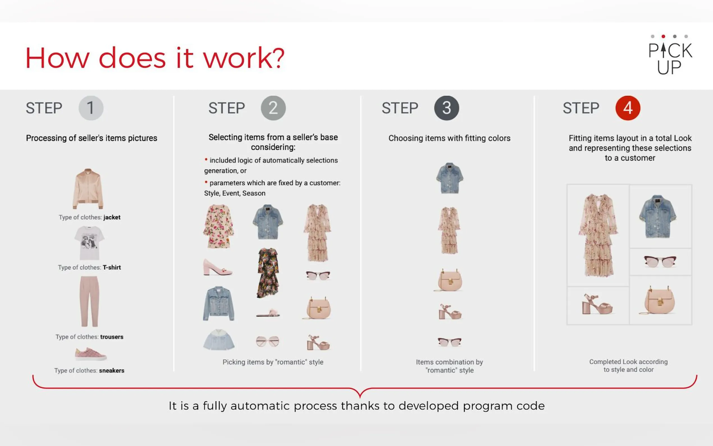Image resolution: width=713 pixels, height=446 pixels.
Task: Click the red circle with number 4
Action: click(628, 108)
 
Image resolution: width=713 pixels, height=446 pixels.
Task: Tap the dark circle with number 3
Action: click(447, 108)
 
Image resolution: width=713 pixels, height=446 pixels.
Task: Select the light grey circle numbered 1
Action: click(91, 108)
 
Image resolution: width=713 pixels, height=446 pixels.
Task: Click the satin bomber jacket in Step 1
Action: click(88, 189)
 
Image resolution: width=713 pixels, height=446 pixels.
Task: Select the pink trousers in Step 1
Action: click(89, 301)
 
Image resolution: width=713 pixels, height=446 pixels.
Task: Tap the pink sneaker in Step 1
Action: click(90, 354)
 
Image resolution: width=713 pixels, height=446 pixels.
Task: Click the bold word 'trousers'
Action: click(112, 337)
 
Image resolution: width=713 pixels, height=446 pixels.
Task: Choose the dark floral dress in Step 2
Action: click(268, 273)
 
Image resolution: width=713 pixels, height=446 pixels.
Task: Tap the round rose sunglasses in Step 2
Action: click(267, 341)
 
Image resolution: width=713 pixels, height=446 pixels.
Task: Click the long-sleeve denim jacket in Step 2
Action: click(218, 303)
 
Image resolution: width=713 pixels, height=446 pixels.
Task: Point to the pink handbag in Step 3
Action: click(449, 280)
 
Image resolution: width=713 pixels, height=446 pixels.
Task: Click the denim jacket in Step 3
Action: click(450, 178)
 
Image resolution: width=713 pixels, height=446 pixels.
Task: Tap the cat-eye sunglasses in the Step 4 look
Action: click(660, 261)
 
